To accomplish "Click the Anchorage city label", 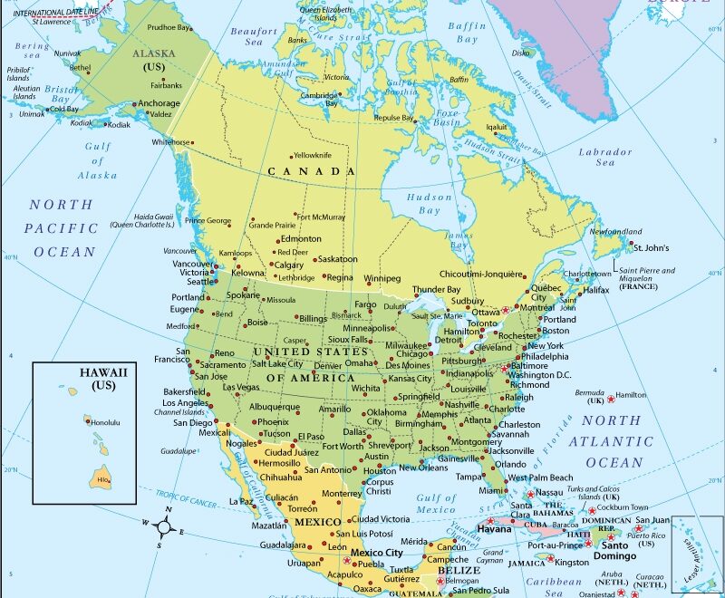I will [x=159, y=103].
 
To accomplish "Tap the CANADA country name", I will [x=311, y=171].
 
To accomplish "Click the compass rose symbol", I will [x=166, y=526].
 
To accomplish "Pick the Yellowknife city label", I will [x=313, y=155].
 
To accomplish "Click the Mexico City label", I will [x=376, y=553].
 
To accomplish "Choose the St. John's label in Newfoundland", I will [x=651, y=247].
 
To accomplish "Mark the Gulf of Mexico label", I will [x=437, y=504].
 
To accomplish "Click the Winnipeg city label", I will [x=382, y=278].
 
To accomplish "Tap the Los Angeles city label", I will [x=186, y=403].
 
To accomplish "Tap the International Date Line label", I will [x=57, y=12].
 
